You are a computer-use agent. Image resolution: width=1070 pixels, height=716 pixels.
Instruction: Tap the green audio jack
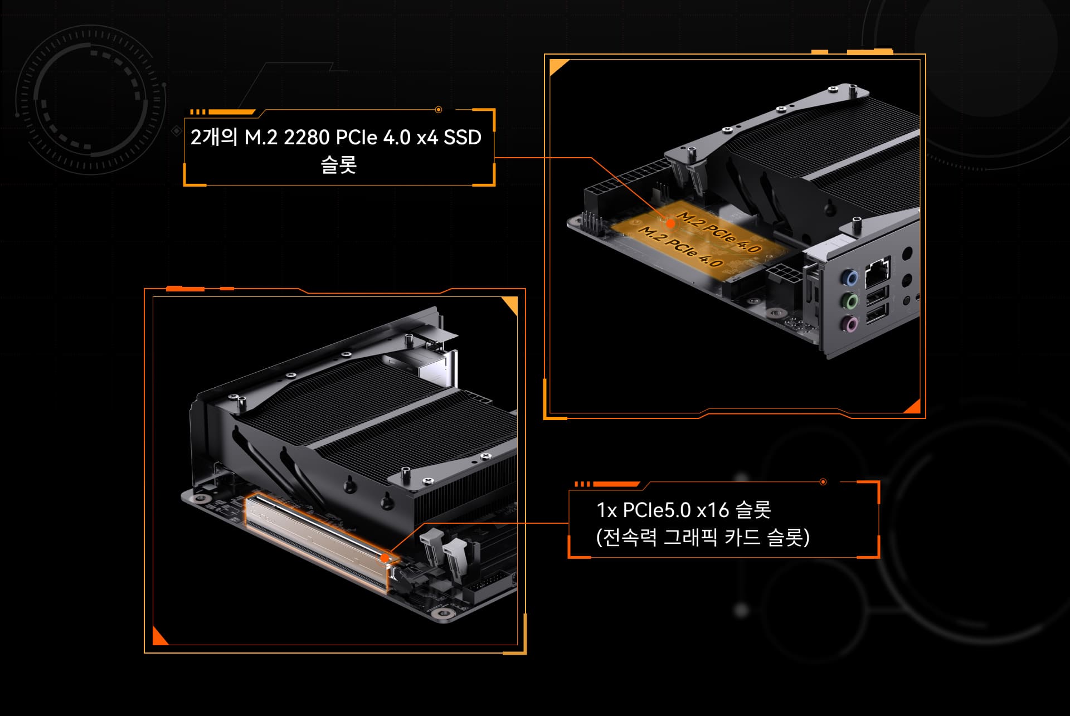850,301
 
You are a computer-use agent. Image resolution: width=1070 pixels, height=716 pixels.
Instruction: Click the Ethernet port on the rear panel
878,272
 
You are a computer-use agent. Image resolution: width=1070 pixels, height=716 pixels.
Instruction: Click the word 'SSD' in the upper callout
462,137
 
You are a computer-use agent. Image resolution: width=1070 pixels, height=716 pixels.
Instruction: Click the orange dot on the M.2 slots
670,223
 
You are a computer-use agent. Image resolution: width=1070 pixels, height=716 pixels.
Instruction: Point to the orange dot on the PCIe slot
385,557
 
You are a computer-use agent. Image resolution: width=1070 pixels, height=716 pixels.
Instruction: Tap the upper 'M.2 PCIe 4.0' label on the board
719,231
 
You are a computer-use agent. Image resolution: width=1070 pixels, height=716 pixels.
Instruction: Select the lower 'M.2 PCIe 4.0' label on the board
680,246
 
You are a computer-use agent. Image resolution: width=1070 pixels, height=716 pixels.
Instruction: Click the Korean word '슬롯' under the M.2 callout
338,165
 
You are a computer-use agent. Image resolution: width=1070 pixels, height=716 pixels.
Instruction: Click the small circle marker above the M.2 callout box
439,110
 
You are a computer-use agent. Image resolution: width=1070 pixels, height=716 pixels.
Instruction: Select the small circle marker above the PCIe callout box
823,482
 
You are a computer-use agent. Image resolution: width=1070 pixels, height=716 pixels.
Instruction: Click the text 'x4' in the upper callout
427,137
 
